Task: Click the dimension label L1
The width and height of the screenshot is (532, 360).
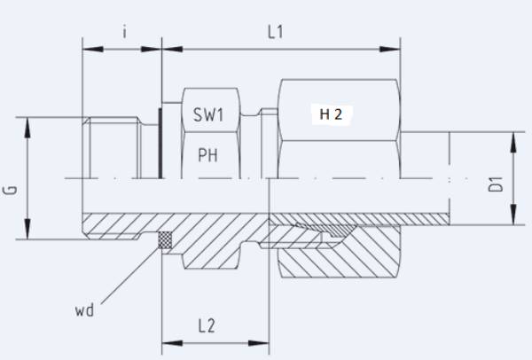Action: pyautogui.click(x=275, y=33)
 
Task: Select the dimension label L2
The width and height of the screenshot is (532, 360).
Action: pyautogui.click(x=206, y=325)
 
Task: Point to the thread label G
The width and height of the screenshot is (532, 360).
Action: pyautogui.click(x=10, y=190)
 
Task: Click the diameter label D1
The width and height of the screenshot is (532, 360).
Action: pyautogui.click(x=496, y=185)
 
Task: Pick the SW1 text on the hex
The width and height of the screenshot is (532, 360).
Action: pyautogui.click(x=210, y=114)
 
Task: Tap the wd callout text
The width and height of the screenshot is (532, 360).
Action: pyautogui.click(x=85, y=310)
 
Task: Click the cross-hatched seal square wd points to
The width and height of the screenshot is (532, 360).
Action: pyautogui.click(x=164, y=239)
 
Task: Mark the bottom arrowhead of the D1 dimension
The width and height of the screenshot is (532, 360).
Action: pyautogui.click(x=513, y=217)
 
